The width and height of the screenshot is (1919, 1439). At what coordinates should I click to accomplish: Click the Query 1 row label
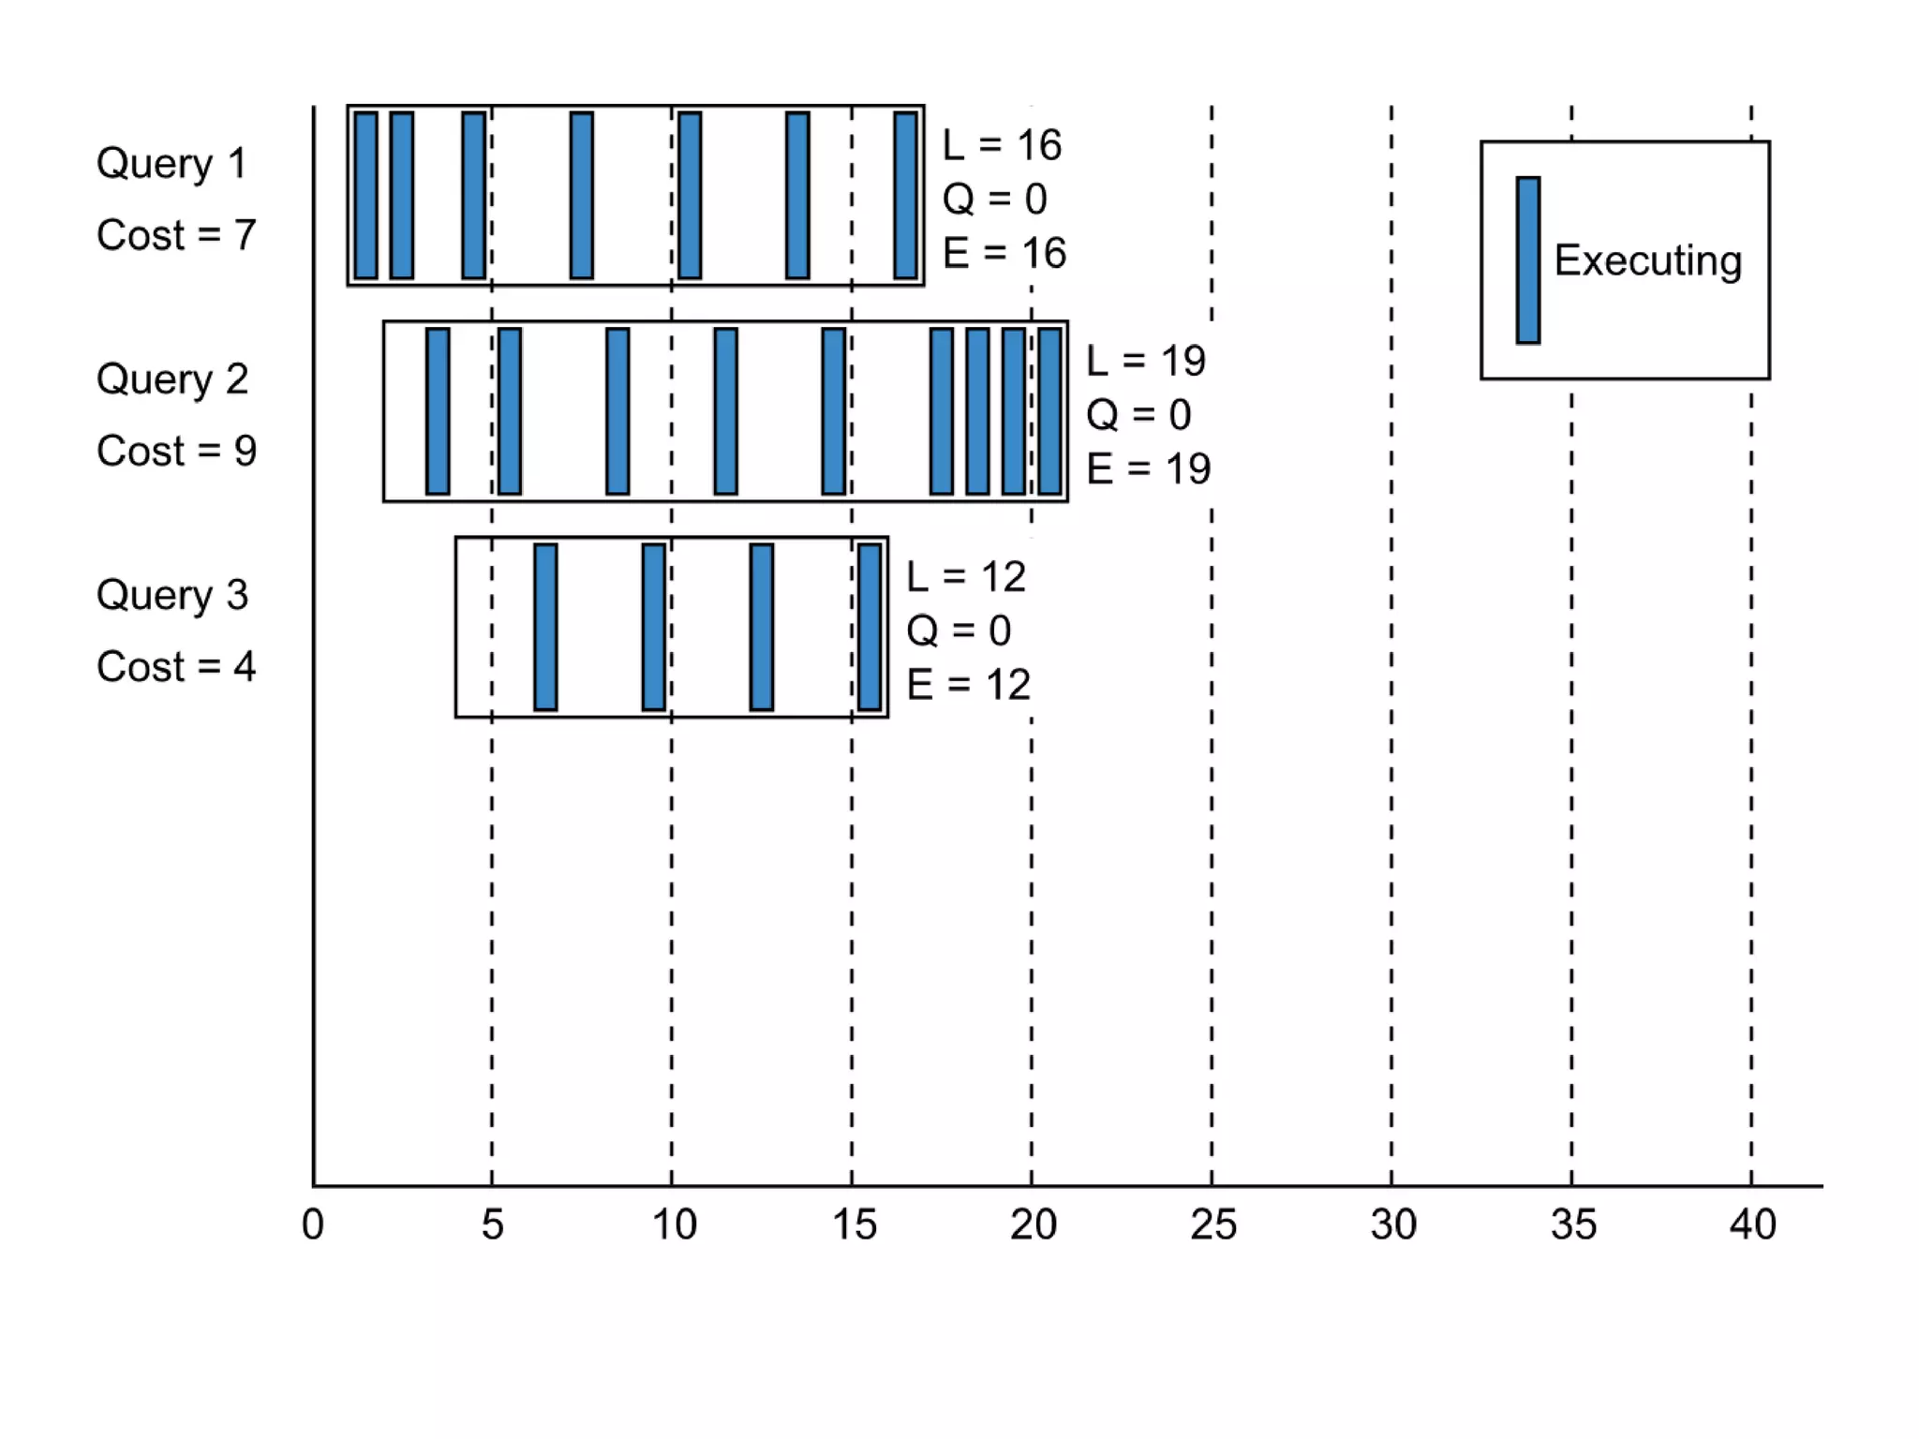(171, 164)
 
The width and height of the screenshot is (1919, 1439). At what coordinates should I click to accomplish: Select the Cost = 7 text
(176, 235)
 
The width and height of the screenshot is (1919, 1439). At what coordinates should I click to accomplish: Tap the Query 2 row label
(172, 379)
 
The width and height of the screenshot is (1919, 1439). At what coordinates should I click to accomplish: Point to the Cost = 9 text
(176, 452)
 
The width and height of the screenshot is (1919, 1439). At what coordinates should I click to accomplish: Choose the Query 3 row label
(172, 596)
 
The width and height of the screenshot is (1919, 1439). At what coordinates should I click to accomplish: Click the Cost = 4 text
(176, 667)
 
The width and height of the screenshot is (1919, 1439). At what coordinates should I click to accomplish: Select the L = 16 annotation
(1002, 145)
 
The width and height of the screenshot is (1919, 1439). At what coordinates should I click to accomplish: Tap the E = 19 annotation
(1148, 468)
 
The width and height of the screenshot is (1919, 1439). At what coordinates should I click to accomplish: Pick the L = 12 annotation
(966, 577)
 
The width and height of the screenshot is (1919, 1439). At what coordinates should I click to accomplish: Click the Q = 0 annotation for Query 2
(1138, 415)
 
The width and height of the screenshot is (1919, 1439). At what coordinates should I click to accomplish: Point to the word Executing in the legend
(1647, 260)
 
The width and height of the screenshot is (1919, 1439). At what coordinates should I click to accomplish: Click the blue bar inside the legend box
(1528, 260)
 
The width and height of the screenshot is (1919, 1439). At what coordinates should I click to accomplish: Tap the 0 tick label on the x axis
(313, 1224)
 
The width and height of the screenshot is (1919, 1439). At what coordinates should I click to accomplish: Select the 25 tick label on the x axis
(1212, 1224)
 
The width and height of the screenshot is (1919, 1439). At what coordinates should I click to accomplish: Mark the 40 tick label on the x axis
(1752, 1224)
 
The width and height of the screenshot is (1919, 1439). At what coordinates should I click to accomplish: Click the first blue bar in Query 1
(366, 195)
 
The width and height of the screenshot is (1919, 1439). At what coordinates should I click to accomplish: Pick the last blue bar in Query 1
(905, 195)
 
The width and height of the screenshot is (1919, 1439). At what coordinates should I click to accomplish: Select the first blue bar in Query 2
(438, 411)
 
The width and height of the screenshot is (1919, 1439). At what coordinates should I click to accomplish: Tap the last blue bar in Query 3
(870, 627)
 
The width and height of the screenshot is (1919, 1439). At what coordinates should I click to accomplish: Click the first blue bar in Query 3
(545, 627)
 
